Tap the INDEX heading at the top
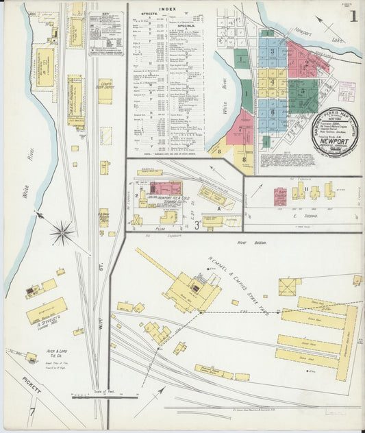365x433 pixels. [x=166, y=10]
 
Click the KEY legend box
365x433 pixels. [x=106, y=31]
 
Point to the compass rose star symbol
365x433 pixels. [x=62, y=233]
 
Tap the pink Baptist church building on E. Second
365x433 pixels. [x=281, y=195]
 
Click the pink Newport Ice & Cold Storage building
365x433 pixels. [x=165, y=188]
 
